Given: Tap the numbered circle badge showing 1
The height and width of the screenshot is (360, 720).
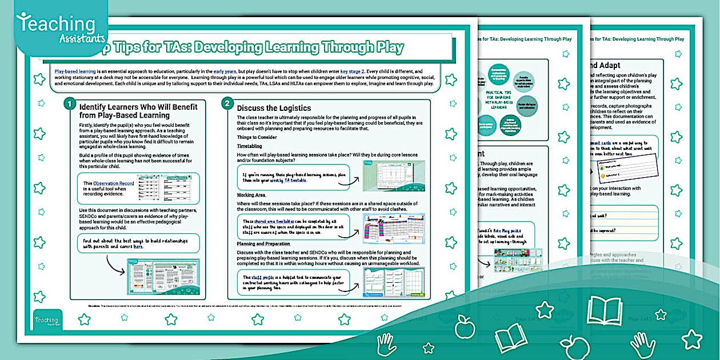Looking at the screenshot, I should (x=69, y=104).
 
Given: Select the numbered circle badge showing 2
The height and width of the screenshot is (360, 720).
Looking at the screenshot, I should (x=227, y=104).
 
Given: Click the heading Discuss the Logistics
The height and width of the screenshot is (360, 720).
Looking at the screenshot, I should (x=274, y=108).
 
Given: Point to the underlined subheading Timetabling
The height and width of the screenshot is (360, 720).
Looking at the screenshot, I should (x=250, y=146).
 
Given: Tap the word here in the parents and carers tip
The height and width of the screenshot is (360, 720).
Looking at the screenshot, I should (x=138, y=247).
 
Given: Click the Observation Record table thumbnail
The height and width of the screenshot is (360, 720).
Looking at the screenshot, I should (x=165, y=186).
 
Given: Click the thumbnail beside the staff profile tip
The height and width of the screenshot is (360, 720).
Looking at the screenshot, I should (x=394, y=281).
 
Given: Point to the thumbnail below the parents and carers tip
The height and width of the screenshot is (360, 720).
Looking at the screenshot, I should (x=163, y=277).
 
